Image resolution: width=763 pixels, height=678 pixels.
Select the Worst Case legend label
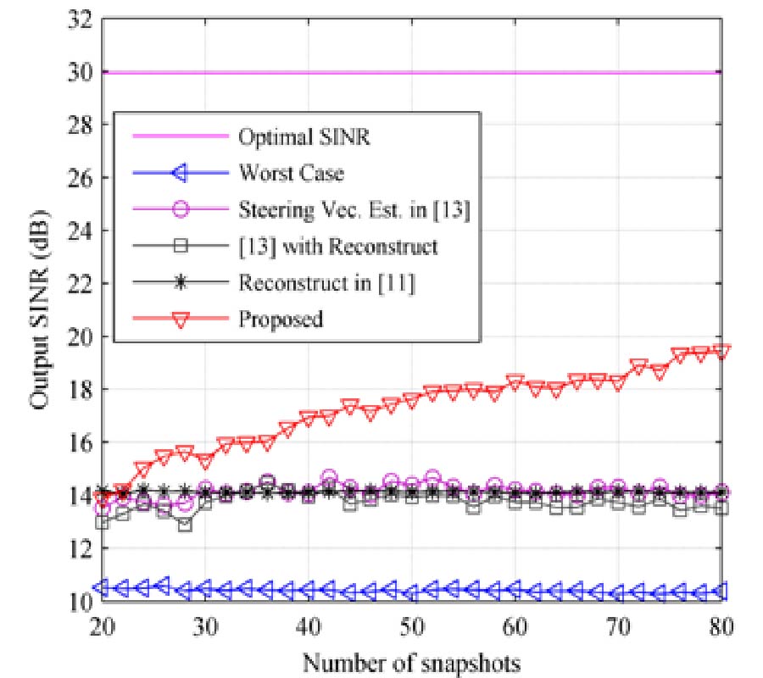pyautogui.click(x=292, y=173)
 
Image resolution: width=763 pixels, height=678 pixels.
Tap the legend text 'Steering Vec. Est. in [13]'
pyautogui.click(x=354, y=209)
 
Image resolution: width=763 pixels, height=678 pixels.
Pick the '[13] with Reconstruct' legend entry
pyautogui.click(x=338, y=246)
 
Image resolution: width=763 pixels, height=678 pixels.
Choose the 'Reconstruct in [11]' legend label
pyautogui.click(x=326, y=282)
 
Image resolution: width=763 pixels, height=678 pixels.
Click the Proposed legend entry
pyautogui.click(x=281, y=319)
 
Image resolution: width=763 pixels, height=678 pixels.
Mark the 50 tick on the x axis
pyautogui.click(x=411, y=627)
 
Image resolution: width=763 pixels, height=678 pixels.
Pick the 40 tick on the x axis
pyautogui.click(x=309, y=627)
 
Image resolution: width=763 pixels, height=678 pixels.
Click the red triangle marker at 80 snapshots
pyautogui.click(x=721, y=350)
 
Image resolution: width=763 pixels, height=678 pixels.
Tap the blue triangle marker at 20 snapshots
pyautogui.click(x=103, y=586)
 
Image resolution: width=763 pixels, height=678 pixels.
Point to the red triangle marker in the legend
pyautogui.click(x=178, y=319)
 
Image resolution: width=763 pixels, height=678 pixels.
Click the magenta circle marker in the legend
pyautogui.click(x=178, y=209)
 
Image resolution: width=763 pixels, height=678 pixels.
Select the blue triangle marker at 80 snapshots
pyautogui.click(x=721, y=591)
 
